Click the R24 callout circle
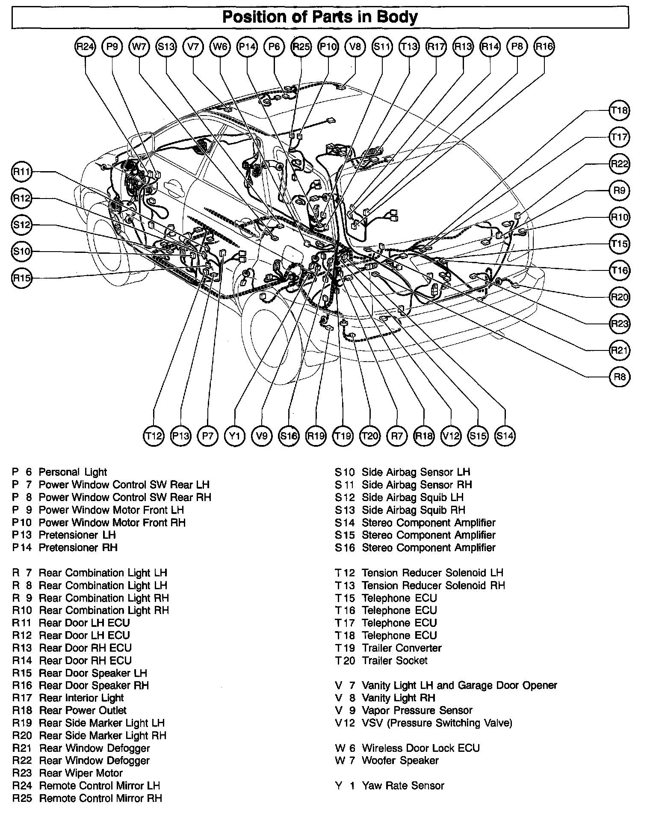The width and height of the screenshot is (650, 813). click(85, 47)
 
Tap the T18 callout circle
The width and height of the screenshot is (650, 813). click(619, 111)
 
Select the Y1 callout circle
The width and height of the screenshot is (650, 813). click(234, 436)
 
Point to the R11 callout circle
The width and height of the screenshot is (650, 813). click(22, 172)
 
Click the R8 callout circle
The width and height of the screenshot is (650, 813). click(619, 377)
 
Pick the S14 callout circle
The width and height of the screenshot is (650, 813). click(505, 436)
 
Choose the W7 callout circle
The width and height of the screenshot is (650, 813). click(139, 47)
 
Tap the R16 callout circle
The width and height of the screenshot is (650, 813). click(544, 47)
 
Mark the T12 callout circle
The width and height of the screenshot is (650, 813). click(154, 436)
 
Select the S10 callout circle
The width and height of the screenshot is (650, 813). click(22, 252)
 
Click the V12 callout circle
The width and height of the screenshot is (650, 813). click(451, 436)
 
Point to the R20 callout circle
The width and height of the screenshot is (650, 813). click(619, 297)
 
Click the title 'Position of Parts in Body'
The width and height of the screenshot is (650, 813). click(320, 17)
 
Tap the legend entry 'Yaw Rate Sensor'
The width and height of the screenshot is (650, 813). click(403, 786)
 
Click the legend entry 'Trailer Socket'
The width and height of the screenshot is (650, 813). click(394, 660)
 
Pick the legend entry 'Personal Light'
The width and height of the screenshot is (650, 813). click(73, 472)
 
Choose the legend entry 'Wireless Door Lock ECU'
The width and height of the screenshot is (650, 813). click(420, 748)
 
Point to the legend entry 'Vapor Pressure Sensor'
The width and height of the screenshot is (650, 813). click(417, 710)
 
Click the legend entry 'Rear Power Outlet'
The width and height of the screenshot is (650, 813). click(83, 710)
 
